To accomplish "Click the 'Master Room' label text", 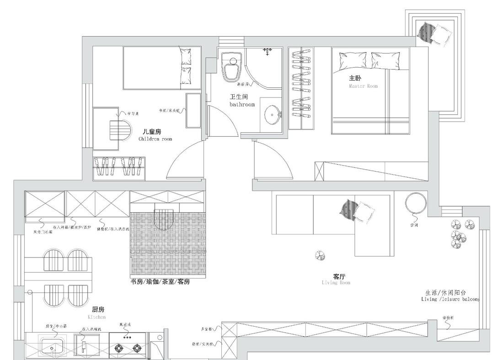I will click(x=363, y=86).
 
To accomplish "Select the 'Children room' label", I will click(x=155, y=139).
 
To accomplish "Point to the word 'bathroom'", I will click(x=242, y=105).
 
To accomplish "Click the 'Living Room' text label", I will click(x=336, y=283).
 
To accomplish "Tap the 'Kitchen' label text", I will click(x=96, y=317).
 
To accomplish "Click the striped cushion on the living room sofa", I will click(x=348, y=209).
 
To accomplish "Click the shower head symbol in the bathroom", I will click(x=268, y=51).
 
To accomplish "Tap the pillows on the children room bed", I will click(x=186, y=64).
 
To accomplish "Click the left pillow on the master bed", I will click(x=353, y=61).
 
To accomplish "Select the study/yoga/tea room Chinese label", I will click(x=160, y=281).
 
